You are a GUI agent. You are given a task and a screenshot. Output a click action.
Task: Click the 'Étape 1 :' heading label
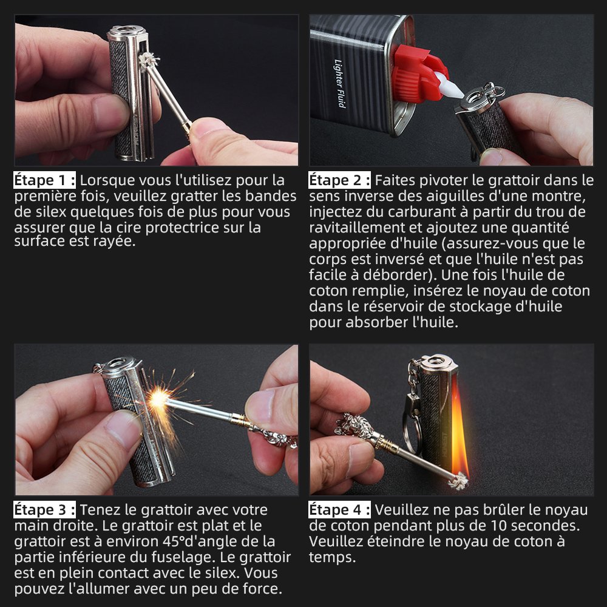[44, 180]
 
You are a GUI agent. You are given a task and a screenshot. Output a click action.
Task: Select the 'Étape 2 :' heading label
[339, 180]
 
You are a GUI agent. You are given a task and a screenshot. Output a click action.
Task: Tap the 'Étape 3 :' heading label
[44, 510]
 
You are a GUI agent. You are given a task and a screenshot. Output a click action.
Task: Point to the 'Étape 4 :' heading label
[339, 510]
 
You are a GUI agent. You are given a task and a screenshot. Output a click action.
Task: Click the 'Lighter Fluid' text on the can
[339, 84]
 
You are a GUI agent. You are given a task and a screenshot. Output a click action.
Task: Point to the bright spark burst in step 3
[158, 399]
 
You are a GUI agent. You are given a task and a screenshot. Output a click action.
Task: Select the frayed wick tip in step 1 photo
[149, 61]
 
